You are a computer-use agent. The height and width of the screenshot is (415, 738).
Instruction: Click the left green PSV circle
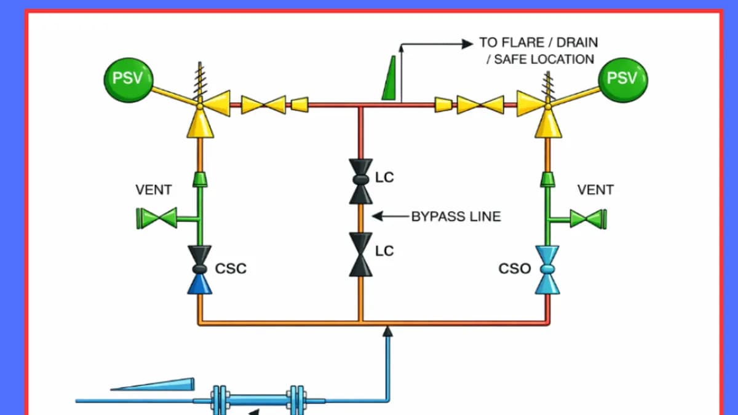pyautogui.click(x=129, y=80)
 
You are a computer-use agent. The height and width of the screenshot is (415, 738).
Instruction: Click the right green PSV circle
pyautogui.click(x=623, y=80)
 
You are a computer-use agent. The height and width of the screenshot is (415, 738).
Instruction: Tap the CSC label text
pyautogui.click(x=231, y=269)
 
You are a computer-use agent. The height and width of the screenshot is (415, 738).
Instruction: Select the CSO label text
pyautogui.click(x=515, y=269)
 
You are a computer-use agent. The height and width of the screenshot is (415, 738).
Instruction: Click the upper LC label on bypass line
pyautogui.click(x=384, y=178)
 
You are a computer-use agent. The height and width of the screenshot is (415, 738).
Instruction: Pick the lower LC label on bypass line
pyautogui.click(x=384, y=251)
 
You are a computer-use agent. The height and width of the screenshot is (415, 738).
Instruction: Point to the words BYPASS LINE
pyautogui.click(x=456, y=216)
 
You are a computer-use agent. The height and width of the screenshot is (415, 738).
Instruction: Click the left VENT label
pyautogui.click(x=154, y=190)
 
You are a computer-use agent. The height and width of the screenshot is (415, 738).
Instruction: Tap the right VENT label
pyautogui.click(x=596, y=190)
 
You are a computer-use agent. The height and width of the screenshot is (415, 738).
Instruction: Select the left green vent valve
pyautogui.click(x=157, y=218)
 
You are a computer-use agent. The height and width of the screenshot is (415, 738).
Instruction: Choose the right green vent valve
pyautogui.click(x=589, y=219)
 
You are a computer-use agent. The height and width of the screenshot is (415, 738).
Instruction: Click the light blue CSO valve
pyautogui.click(x=547, y=270)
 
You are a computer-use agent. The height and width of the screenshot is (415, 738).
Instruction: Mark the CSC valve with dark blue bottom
pyautogui.click(x=200, y=270)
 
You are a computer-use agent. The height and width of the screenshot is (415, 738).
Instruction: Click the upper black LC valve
pyautogui.click(x=361, y=181)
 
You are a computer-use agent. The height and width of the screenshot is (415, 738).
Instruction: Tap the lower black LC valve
pyautogui.click(x=361, y=255)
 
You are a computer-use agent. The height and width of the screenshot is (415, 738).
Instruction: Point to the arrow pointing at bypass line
pyautogui.click(x=391, y=216)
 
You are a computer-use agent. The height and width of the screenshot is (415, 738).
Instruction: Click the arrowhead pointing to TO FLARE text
pyautogui.click(x=467, y=44)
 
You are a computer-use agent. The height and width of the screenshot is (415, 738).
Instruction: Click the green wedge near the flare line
pyautogui.click(x=389, y=78)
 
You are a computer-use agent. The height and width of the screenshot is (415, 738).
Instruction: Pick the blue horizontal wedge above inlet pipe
pyautogui.click(x=153, y=384)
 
